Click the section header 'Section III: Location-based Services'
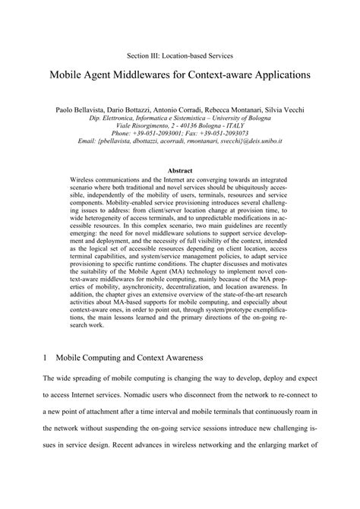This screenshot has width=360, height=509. click(x=179, y=56)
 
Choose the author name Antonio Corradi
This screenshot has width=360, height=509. click(x=186, y=110)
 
